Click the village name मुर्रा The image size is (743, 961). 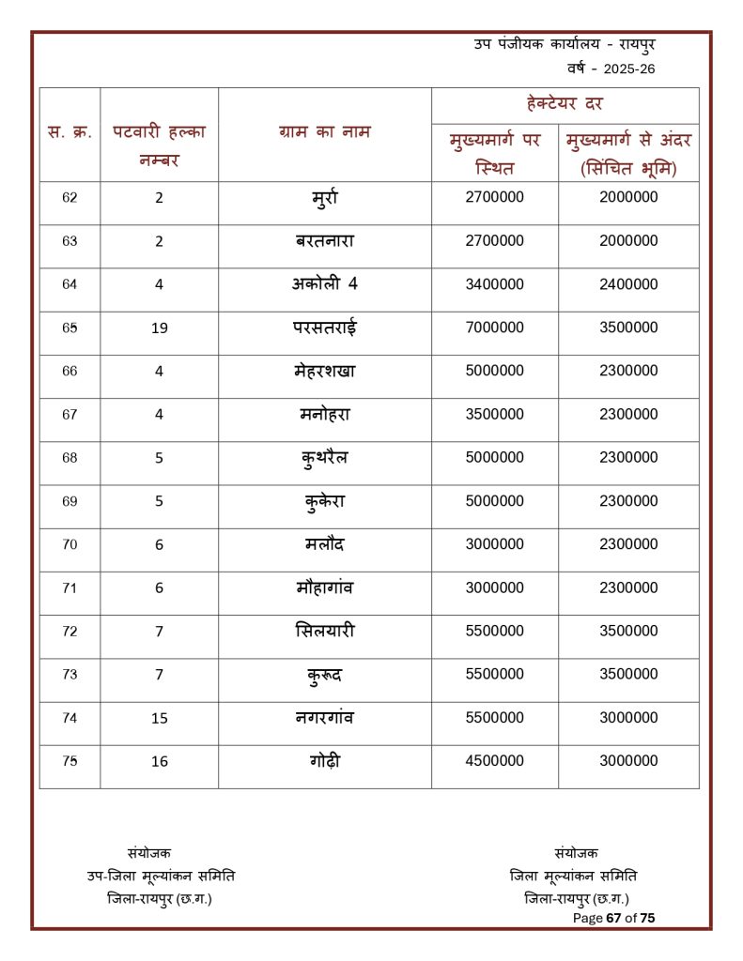pyautogui.click(x=324, y=198)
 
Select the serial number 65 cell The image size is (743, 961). pyautogui.click(x=70, y=328)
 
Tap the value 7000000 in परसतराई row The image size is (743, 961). pyautogui.click(x=494, y=328)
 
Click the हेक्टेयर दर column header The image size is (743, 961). pyautogui.click(x=565, y=104)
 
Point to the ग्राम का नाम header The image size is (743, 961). pyautogui.click(x=324, y=132)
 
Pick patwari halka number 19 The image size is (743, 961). pyautogui.click(x=159, y=328)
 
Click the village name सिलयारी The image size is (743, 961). pyautogui.click(x=324, y=631)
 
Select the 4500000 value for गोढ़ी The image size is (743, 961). pyautogui.click(x=494, y=760)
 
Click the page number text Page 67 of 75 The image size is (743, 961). pyautogui.click(x=613, y=918)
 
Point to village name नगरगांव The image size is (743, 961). pyautogui.click(x=324, y=717)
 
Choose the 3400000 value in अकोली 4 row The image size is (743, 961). pyautogui.click(x=494, y=284)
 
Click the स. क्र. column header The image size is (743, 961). pyautogui.click(x=70, y=132)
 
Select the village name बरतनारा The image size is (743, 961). pyautogui.click(x=324, y=241)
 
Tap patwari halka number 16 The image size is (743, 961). pyautogui.click(x=159, y=761)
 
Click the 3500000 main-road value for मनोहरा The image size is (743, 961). pyautogui.click(x=494, y=414)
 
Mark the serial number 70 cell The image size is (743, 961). pyautogui.click(x=70, y=544)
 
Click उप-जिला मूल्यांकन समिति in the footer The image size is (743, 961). pyautogui.click(x=161, y=876)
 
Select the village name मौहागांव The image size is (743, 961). pyautogui.click(x=324, y=587)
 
